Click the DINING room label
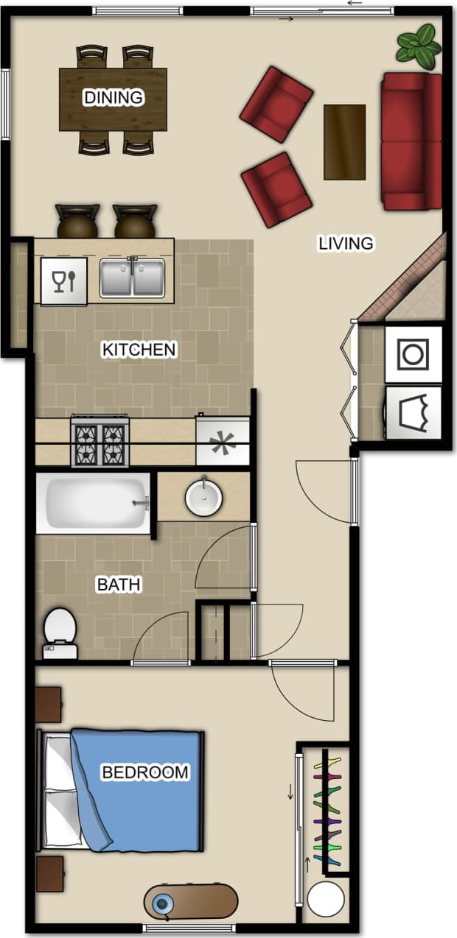tap(113, 97)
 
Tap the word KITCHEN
tap(139, 349)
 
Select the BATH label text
tap(119, 585)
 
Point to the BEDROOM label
tap(145, 772)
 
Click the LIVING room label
tap(346, 243)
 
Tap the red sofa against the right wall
tap(411, 141)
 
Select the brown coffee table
tap(344, 142)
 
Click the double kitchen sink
tap(132, 277)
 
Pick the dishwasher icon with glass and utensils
tap(64, 281)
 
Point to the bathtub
tap(94, 504)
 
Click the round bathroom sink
tap(204, 497)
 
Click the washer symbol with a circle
tap(413, 354)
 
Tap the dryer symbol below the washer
tap(413, 412)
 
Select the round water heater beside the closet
tap(325, 899)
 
